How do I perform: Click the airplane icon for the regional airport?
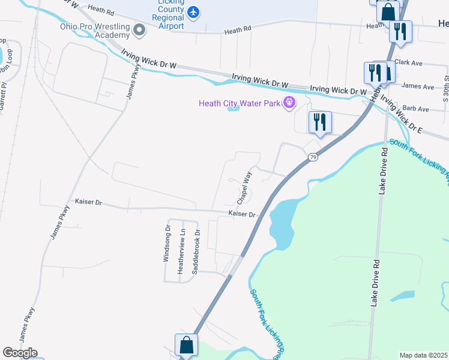click(193, 11)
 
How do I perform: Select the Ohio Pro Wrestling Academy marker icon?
click(140, 29)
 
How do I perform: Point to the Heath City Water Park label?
click(240, 104)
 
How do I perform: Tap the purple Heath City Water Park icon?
click(289, 103)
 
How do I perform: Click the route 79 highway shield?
click(313, 157)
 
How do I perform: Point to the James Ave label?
click(418, 87)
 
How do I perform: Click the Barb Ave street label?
click(415, 109)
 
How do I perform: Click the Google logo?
click(20, 352)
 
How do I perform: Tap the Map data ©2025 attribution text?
click(424, 355)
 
